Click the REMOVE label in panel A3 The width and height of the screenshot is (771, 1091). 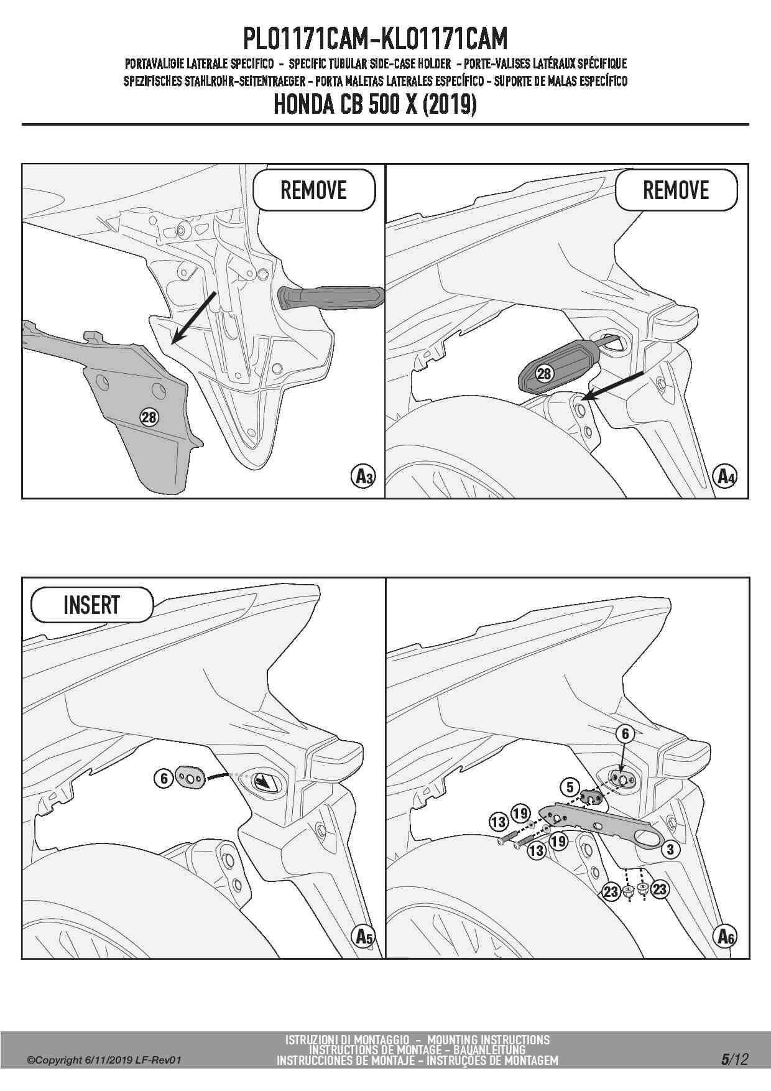pyautogui.click(x=313, y=190)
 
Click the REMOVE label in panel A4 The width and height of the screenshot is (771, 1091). pyautogui.click(x=676, y=190)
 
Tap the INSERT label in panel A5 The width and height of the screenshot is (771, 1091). pyautogui.click(x=91, y=605)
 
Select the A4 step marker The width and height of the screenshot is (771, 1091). pyautogui.click(x=725, y=476)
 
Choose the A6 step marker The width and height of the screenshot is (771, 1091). pyautogui.click(x=725, y=936)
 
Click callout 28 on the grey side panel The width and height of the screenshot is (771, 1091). pyautogui.click(x=149, y=417)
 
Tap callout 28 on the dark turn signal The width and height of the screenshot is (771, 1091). pyautogui.click(x=544, y=373)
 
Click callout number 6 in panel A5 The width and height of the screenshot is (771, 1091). pyautogui.click(x=164, y=778)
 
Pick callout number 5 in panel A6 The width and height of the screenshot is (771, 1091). pyautogui.click(x=570, y=787)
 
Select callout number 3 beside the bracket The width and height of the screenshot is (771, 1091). pyautogui.click(x=670, y=850)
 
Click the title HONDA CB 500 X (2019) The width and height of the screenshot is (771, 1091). pyautogui.click(x=376, y=104)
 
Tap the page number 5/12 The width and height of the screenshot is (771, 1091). pyautogui.click(x=735, y=1059)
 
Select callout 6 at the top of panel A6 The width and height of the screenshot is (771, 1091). pyautogui.click(x=626, y=734)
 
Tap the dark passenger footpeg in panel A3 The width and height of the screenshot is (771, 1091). pyautogui.click(x=331, y=297)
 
